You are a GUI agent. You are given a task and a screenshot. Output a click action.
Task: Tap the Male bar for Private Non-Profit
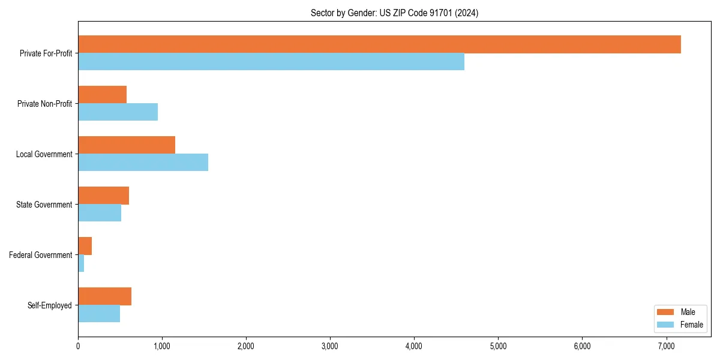click(x=102, y=95)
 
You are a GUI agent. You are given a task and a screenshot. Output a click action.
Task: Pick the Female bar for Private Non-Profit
click(x=118, y=112)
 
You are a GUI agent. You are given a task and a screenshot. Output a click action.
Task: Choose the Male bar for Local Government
click(x=127, y=145)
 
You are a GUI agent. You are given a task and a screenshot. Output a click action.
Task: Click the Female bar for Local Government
click(x=143, y=163)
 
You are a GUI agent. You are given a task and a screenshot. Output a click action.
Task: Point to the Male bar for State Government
click(x=103, y=196)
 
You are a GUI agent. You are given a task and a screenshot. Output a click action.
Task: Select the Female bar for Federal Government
click(x=81, y=263)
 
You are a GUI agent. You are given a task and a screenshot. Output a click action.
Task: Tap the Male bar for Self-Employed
click(x=104, y=296)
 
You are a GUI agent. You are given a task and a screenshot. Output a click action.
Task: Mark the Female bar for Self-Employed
click(x=99, y=314)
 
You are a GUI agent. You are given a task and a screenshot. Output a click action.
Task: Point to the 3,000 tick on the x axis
click(x=330, y=346)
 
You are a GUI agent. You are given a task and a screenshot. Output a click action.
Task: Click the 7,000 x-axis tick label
click(x=667, y=346)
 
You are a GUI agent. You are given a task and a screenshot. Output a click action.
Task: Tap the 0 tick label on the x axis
click(x=78, y=346)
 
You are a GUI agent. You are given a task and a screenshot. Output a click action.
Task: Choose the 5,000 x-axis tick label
click(x=499, y=346)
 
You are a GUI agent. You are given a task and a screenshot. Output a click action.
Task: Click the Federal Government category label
click(x=41, y=255)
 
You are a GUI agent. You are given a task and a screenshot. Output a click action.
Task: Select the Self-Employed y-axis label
click(x=50, y=305)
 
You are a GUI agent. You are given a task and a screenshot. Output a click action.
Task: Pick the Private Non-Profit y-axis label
click(x=44, y=104)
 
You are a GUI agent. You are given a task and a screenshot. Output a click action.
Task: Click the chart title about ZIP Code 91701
click(x=394, y=13)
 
